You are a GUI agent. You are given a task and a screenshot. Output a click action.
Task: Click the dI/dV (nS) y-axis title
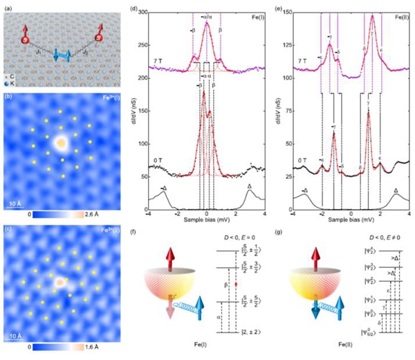pos(138,104)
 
